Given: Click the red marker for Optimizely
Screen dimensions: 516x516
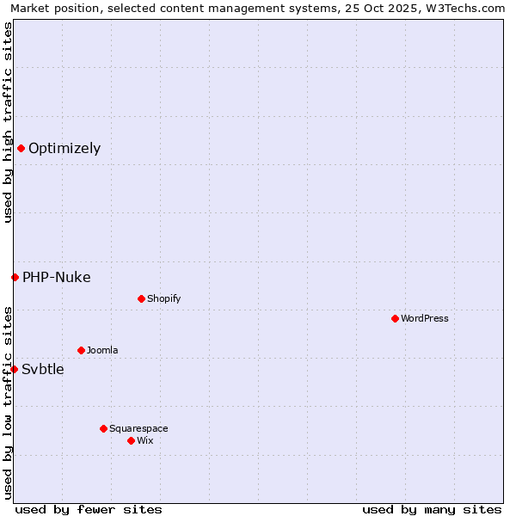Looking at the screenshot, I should (x=21, y=148).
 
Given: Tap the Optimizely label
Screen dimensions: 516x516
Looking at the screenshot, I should (x=64, y=148).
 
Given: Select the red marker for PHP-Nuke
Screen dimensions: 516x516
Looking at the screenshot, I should (x=15, y=277).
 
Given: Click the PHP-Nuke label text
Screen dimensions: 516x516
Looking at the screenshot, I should (x=57, y=277).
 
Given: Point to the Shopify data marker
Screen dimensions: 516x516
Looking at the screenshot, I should (x=141, y=298).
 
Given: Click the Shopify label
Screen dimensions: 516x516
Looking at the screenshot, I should (x=163, y=298).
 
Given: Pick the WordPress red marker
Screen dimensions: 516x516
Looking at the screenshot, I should (x=395, y=318).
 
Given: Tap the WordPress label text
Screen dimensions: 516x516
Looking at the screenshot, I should (x=425, y=318).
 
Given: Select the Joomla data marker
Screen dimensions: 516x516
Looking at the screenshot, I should (x=81, y=350).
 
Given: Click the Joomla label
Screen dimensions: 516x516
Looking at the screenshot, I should (x=102, y=350).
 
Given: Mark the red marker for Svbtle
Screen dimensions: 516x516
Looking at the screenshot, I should (x=14, y=369).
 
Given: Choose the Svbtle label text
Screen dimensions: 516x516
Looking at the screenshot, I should (x=43, y=369).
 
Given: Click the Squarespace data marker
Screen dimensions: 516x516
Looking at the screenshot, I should (x=103, y=428).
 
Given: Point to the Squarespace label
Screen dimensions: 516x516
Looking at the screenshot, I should (x=138, y=428).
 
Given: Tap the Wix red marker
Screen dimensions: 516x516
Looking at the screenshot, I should (x=131, y=440).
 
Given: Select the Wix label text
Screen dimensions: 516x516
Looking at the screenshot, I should (x=145, y=440).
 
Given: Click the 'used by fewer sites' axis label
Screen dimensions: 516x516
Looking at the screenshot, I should (x=89, y=509).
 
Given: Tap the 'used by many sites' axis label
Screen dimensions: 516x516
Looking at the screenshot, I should (x=432, y=509).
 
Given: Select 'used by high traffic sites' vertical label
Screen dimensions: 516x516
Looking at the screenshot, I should (x=9, y=122).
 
